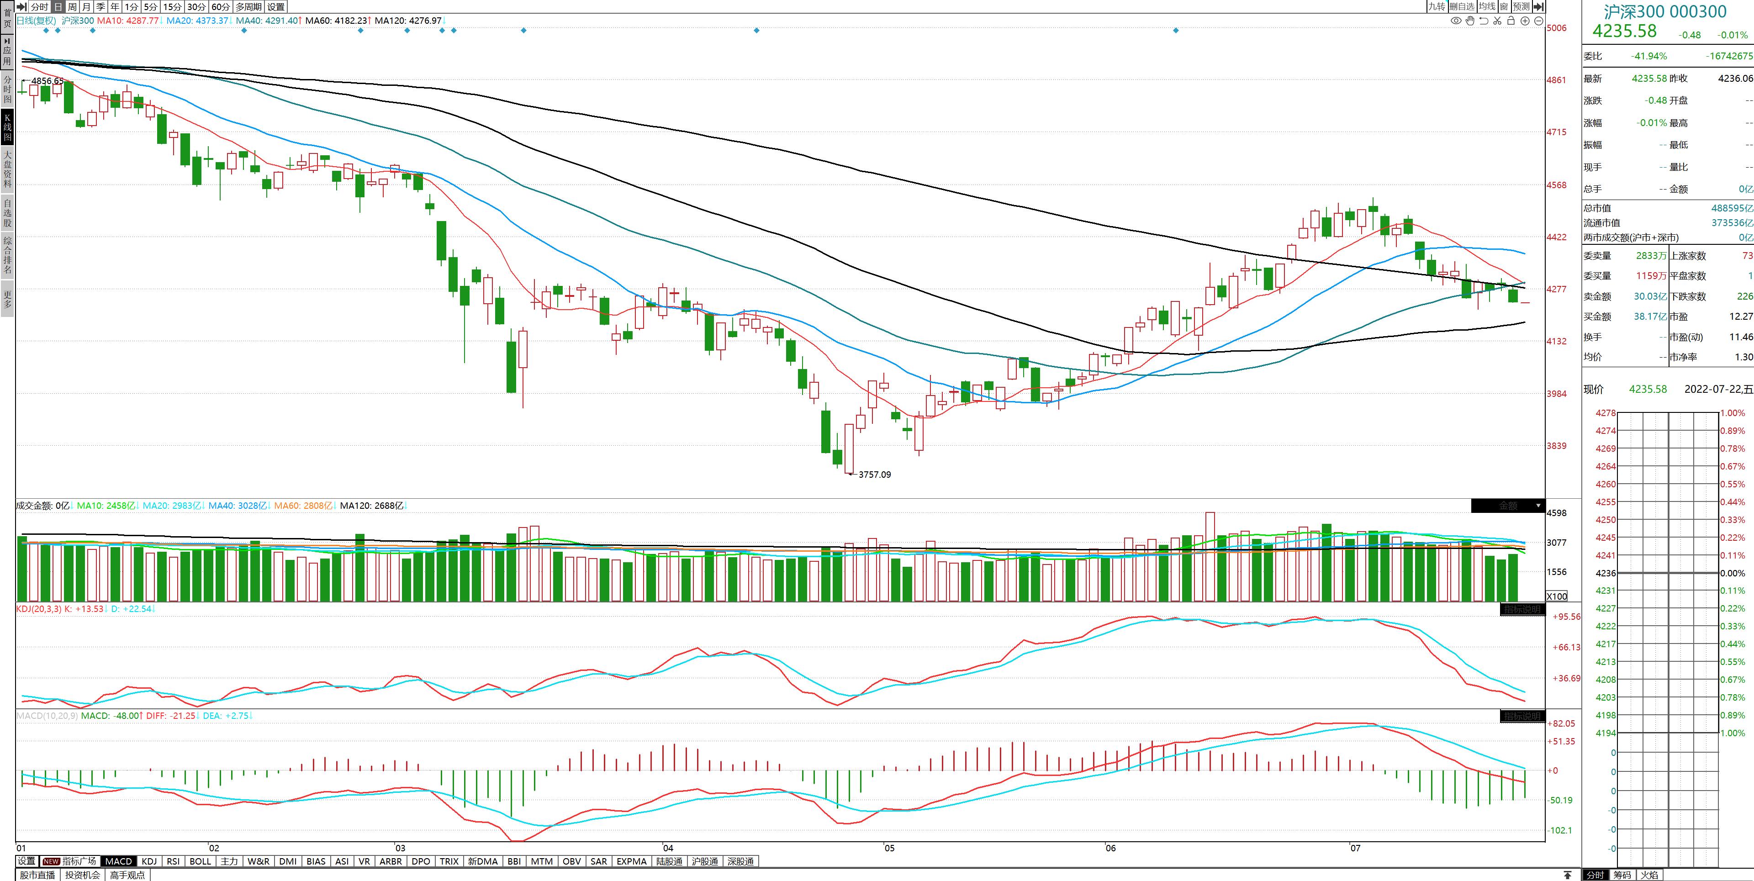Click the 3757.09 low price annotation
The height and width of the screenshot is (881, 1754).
tap(874, 475)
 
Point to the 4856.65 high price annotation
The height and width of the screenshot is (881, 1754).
tap(47, 81)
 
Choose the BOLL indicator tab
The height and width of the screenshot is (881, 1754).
tap(200, 861)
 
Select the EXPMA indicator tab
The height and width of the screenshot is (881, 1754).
tap(631, 861)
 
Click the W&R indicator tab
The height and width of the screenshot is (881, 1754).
tap(258, 861)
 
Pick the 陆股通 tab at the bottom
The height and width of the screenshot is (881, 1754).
tap(669, 861)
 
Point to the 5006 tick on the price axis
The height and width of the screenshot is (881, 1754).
tap(1557, 28)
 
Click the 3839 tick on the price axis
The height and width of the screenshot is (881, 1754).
tap(1557, 446)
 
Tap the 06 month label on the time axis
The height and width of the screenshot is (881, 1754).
tap(1110, 848)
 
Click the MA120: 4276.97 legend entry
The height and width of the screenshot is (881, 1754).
tap(408, 21)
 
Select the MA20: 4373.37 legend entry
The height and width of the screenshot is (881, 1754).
tap(197, 21)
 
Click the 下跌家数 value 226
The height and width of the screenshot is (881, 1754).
tap(1744, 296)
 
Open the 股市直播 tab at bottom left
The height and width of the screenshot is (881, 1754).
tap(37, 875)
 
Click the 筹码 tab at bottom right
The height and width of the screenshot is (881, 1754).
tap(1622, 875)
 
